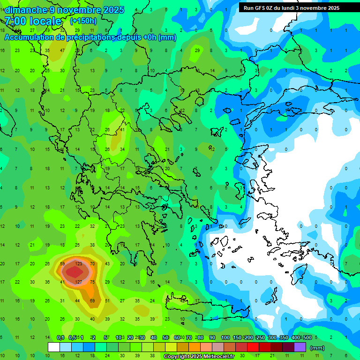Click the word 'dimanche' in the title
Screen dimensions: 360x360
(26, 10)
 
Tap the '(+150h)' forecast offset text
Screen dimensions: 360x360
(83, 21)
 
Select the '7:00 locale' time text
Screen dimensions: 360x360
(33, 21)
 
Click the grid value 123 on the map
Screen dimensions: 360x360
(78, 264)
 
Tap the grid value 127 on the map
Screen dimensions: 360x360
(78, 282)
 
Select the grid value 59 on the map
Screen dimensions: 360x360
(62, 264)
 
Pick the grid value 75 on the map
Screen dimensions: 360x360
(92, 282)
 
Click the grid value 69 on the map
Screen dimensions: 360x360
(92, 300)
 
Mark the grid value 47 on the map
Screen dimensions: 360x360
(62, 50)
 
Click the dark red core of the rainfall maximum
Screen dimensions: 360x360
(73, 272)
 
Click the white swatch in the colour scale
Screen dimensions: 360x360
(54, 347)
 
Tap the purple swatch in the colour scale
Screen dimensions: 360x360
(300, 347)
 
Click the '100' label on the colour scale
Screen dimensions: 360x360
(225, 337)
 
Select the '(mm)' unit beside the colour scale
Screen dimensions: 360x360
(317, 347)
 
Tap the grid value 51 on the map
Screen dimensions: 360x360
(107, 300)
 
